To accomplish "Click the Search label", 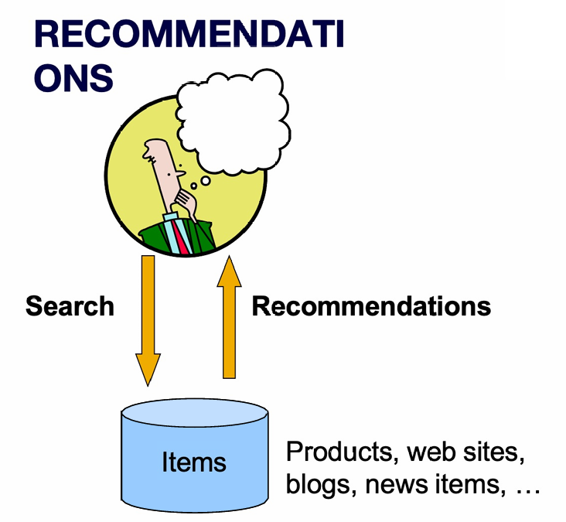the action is coord(70,306).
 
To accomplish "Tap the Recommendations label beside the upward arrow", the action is coord(371,306).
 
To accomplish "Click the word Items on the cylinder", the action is coord(194,462).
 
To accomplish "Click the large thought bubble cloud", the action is coord(231,116).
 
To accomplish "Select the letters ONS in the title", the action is coord(74,78).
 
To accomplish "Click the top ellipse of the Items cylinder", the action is coord(194,414).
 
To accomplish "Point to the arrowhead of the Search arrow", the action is coord(148,370).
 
